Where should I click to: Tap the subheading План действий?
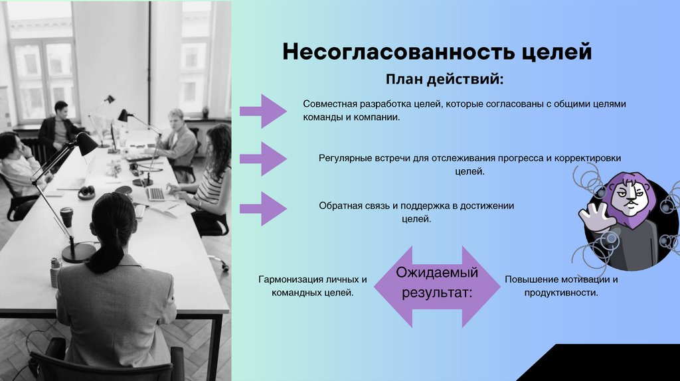click(444, 80)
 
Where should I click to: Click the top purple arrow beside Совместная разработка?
click(263, 111)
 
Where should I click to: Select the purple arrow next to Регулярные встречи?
click(263, 158)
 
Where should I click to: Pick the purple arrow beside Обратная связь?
click(263, 208)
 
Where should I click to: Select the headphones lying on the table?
click(86, 192)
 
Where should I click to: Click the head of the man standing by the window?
click(60, 108)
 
